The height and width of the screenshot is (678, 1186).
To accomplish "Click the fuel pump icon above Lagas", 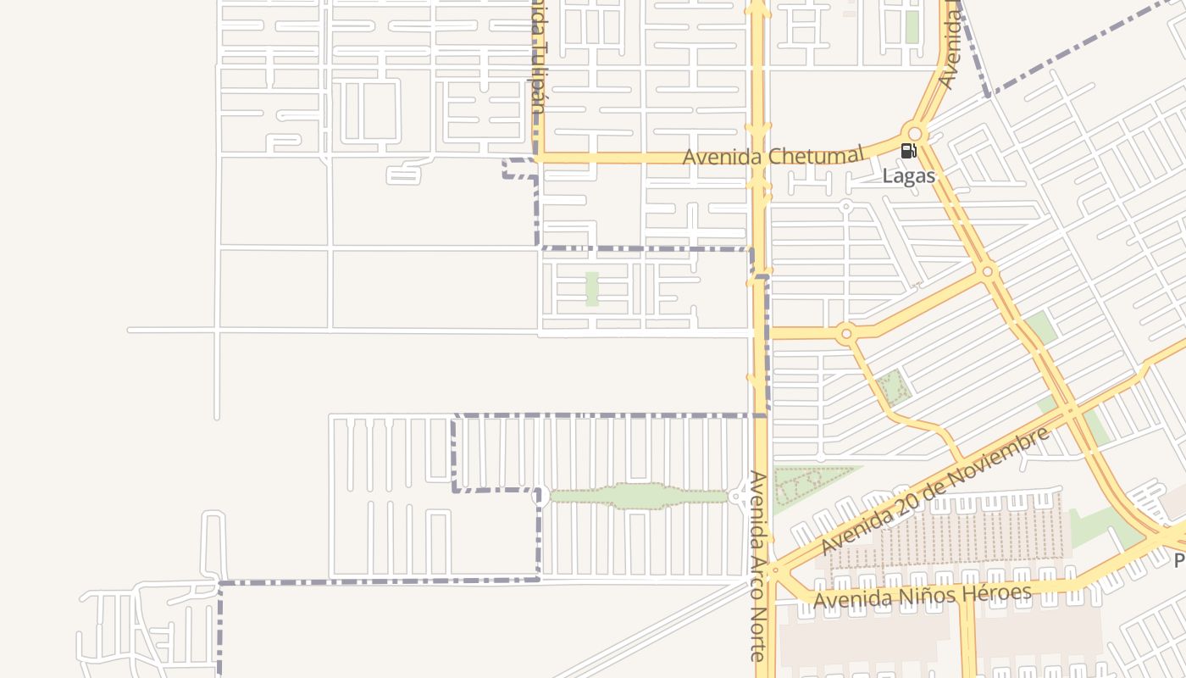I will pyautogui.click(x=908, y=152).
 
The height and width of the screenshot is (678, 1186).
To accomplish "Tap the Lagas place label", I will pyautogui.click(x=909, y=176).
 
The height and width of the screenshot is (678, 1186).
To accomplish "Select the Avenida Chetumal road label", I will pyautogui.click(x=773, y=157).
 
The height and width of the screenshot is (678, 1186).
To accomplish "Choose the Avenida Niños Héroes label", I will pyautogui.click(x=923, y=596).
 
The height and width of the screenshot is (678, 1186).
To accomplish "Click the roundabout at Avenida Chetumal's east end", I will pyautogui.click(x=914, y=134).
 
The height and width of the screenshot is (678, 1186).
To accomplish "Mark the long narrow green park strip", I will pyautogui.click(x=639, y=496).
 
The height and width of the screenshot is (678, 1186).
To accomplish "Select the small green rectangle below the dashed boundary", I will pyautogui.click(x=592, y=289).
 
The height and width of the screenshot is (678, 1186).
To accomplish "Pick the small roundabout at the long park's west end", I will pyautogui.click(x=538, y=496).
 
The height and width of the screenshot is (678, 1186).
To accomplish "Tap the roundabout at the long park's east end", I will pyautogui.click(x=737, y=497).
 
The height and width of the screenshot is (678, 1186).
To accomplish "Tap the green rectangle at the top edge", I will pyautogui.click(x=912, y=26).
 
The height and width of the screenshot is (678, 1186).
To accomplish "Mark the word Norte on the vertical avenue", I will pyautogui.click(x=758, y=632).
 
